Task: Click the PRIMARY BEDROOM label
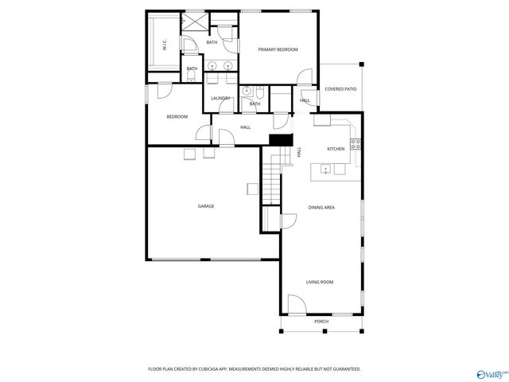click(x=278, y=49)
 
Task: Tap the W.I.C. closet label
click(x=164, y=46)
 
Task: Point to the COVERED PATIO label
click(x=340, y=89)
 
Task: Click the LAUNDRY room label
click(x=220, y=99)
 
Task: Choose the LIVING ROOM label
click(x=320, y=282)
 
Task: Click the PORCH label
click(x=321, y=322)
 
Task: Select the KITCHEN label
click(x=336, y=149)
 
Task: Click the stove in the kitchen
click(x=356, y=144)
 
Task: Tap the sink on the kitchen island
click(x=326, y=168)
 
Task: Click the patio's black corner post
click(x=360, y=65)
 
